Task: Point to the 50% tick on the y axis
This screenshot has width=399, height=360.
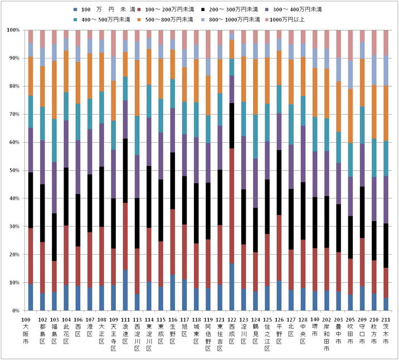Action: [13, 171]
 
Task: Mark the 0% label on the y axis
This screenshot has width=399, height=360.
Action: [15, 310]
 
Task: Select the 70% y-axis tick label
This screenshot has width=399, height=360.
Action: [13, 114]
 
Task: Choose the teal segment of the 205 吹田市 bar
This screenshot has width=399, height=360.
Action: [351, 160]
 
